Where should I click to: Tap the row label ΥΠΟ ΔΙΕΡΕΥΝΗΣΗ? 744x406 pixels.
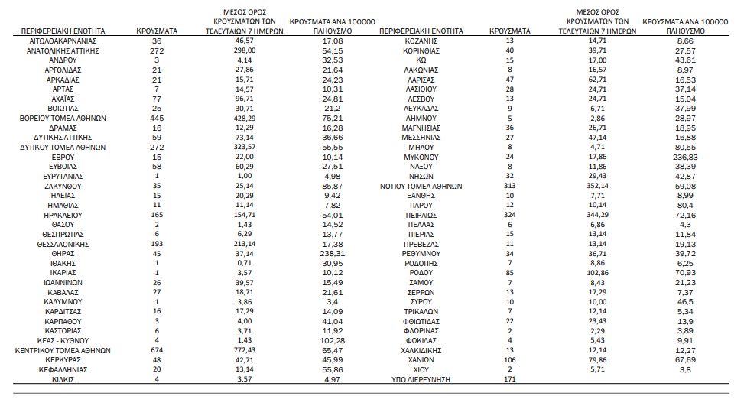(x=421, y=379)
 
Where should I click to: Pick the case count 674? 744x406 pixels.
(x=157, y=350)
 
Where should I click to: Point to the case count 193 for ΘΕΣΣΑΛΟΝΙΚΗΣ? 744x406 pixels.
(x=157, y=244)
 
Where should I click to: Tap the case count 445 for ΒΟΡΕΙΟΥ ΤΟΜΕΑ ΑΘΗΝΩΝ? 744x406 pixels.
(x=157, y=118)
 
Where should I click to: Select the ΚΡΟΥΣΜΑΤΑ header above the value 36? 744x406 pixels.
(x=157, y=31)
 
